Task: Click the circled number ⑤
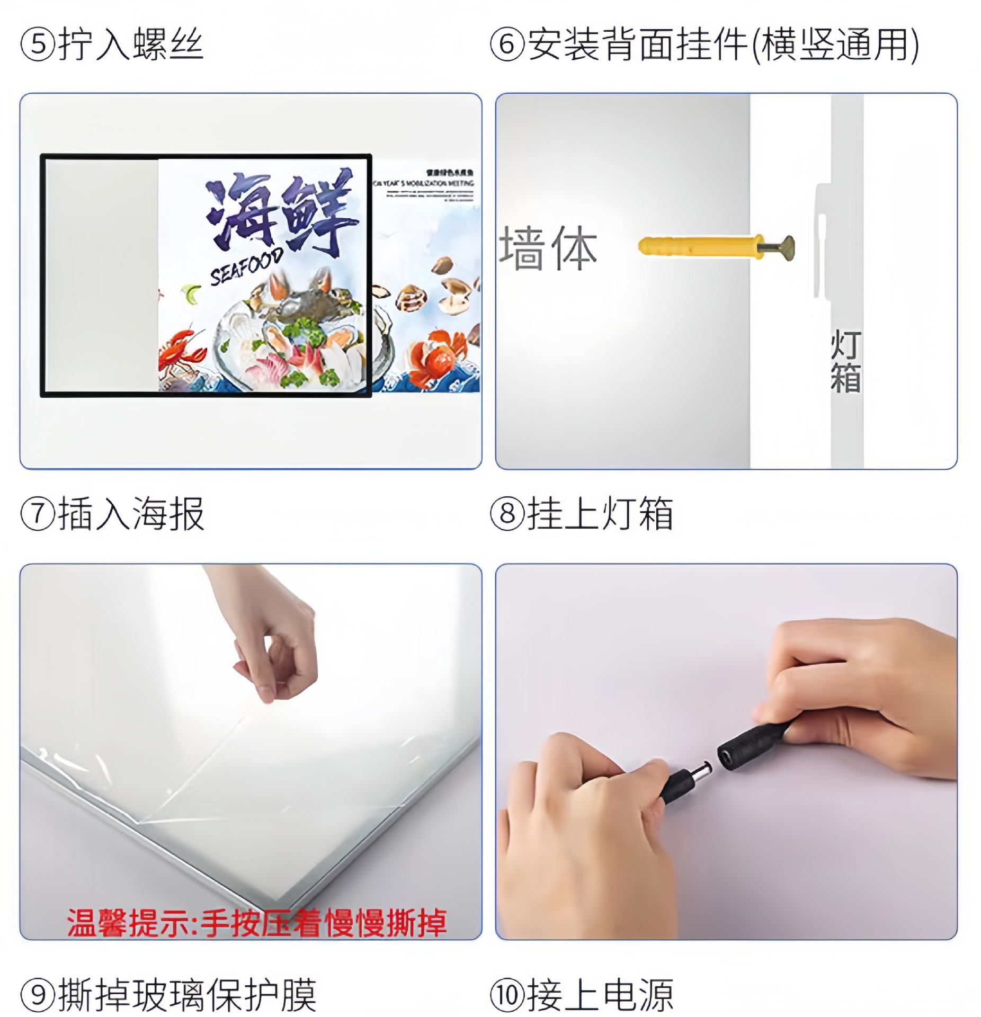[x=38, y=45]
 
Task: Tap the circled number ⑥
[x=507, y=45]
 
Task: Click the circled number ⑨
[x=38, y=994]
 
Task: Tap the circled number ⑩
[x=507, y=994]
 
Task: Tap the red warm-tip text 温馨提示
[x=130, y=923]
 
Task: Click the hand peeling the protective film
[x=270, y=646]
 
